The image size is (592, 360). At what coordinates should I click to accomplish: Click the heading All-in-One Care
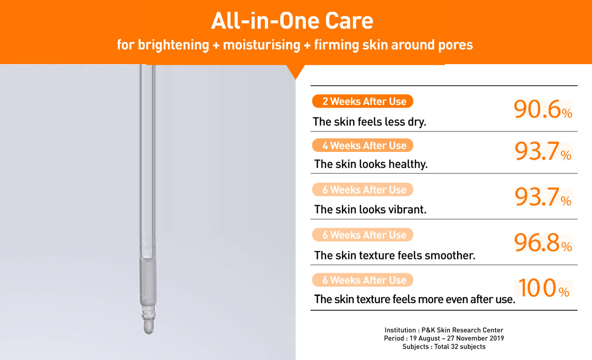[x=292, y=21]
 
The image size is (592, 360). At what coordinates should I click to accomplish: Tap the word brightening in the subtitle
[x=173, y=45]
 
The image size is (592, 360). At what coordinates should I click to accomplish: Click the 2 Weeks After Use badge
[x=363, y=101]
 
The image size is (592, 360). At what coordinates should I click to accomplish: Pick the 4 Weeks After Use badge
[x=363, y=145]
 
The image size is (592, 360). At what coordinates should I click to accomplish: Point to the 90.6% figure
[x=543, y=109]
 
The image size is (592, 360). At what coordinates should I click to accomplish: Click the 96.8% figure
[x=543, y=243]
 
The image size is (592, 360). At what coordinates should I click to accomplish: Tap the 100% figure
[x=544, y=288]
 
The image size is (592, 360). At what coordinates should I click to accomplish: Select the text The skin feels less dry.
[x=370, y=122]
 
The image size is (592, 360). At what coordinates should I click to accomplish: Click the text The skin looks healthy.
[x=371, y=164]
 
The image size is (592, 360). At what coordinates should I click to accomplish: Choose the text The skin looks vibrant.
[x=370, y=210]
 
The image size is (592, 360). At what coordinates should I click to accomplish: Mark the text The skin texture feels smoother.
[x=395, y=255]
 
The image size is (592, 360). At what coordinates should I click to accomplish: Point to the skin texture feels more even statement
[x=415, y=299]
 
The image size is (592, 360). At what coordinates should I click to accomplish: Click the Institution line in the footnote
[x=444, y=330]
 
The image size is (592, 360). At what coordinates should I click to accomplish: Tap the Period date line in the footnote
[x=444, y=338]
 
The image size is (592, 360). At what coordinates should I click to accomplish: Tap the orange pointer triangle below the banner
[x=296, y=72]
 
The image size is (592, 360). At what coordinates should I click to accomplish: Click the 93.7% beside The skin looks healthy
[x=543, y=151]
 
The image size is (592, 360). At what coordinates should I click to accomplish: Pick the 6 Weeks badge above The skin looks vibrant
[x=363, y=189]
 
